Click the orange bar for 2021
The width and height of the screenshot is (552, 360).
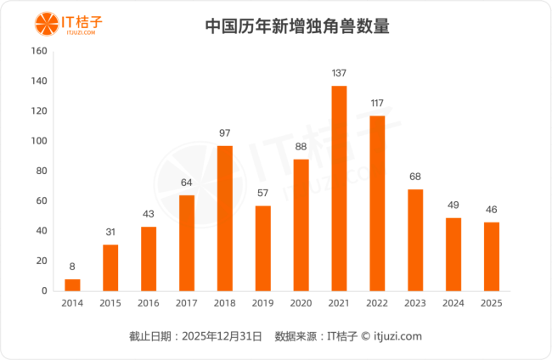point(339,188)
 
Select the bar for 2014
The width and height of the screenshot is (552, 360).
point(72,285)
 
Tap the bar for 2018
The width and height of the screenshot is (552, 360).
point(225,218)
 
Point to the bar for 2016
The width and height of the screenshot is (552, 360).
point(149,259)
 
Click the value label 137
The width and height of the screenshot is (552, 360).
point(339,73)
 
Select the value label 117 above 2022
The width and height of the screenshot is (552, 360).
point(377,104)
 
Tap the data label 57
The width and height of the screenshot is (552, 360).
point(263,194)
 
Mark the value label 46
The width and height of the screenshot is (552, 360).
point(491,210)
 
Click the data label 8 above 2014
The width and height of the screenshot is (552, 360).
point(72,267)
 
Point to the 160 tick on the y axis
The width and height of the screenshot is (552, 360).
point(38,51)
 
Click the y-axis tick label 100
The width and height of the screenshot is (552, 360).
point(38,141)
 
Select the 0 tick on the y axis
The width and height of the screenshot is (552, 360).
point(43,291)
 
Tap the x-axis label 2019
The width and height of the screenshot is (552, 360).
point(263,303)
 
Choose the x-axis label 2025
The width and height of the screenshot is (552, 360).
point(491,303)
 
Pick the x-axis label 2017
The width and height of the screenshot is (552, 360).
point(187,303)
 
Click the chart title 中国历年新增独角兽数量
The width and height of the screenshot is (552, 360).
point(297,25)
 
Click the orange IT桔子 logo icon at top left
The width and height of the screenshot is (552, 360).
point(41,22)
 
